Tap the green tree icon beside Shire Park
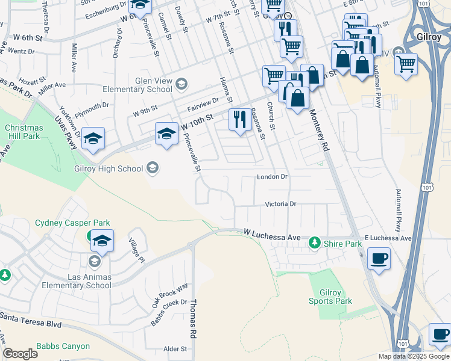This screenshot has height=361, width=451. tap(314, 244)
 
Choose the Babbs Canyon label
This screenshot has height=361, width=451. tap(63, 346)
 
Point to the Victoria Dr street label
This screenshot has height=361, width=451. tap(281, 204)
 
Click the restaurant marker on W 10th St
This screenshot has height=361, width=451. tap(240, 120)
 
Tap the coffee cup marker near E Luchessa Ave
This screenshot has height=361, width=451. tap(379, 259)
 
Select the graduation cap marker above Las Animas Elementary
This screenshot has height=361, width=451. tap(102, 241)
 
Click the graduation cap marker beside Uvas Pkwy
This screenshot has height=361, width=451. tap(93, 139)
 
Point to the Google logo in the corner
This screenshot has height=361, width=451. tap(20, 354)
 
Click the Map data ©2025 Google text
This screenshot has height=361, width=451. tap(413, 356)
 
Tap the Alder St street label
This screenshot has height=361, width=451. tap(175, 349)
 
